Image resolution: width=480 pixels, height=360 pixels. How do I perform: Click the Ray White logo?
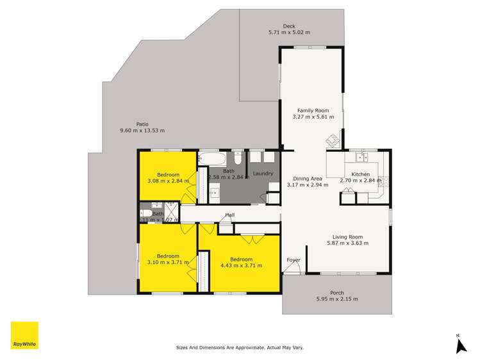tap(24, 336)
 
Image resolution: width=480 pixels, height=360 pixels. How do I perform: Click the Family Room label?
tap(310, 110)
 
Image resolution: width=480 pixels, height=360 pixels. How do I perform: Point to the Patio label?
tap(142, 124)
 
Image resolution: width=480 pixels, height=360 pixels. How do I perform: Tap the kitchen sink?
tap(361, 156)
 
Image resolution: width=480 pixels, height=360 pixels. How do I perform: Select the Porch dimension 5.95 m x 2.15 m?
tap(336, 299)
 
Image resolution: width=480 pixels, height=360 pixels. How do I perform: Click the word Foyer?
tap(293, 260)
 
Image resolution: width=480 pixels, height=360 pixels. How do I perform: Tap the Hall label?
tap(229, 215)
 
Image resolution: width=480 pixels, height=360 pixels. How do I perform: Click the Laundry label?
tap(263, 174)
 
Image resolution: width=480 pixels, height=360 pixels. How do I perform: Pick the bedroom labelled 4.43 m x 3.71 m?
tap(240, 262)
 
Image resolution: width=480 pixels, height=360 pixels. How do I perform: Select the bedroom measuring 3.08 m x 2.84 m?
tap(168, 177)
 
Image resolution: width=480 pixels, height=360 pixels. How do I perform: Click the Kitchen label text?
tap(360, 174)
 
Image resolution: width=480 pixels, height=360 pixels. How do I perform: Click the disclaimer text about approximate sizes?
tap(240, 348)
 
